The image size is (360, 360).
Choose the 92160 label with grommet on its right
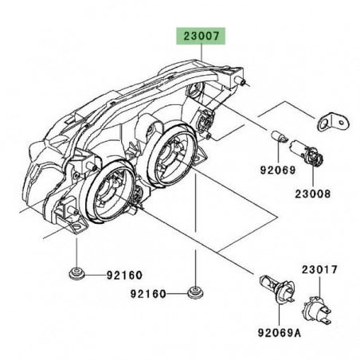151,293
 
